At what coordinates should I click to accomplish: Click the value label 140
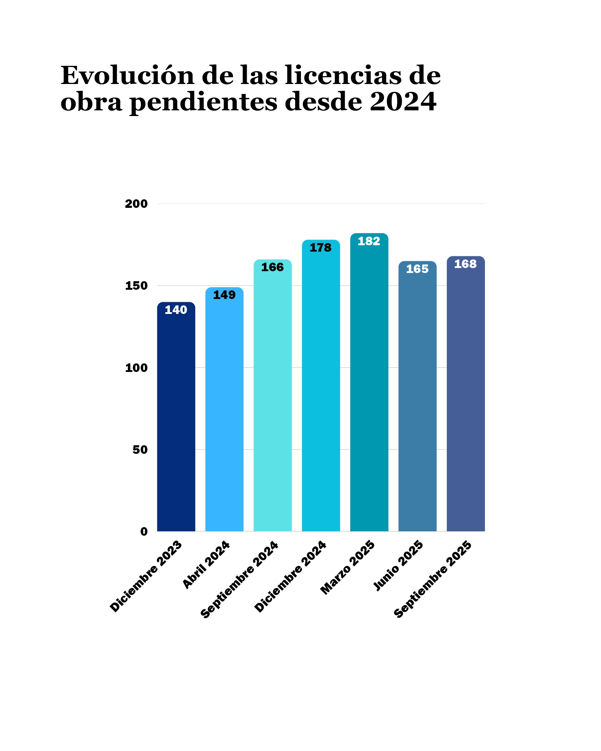(176, 310)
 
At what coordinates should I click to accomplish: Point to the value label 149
(224, 295)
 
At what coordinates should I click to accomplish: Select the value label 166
(272, 267)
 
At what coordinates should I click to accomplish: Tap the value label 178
(320, 248)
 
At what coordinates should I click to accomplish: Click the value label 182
(369, 241)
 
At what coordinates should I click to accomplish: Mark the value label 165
(417, 269)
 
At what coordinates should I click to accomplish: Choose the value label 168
(465, 264)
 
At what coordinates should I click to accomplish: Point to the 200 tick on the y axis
(136, 204)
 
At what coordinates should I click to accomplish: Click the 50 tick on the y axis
(140, 450)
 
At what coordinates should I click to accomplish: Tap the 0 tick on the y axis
(144, 532)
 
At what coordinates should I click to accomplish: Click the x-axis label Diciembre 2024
(291, 577)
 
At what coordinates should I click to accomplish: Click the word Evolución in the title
(127, 75)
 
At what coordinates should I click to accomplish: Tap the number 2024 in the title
(403, 102)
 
